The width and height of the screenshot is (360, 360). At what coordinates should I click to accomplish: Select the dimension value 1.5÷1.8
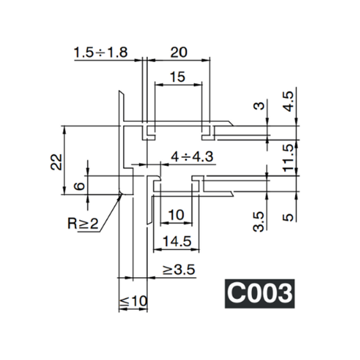(101, 53)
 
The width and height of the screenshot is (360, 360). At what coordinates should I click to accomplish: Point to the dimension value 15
(176, 77)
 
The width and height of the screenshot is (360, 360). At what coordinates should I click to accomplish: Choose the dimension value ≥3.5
(179, 271)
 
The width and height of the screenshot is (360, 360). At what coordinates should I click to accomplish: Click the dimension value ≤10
(133, 302)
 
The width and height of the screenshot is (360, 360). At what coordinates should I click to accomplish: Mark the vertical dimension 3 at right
(259, 106)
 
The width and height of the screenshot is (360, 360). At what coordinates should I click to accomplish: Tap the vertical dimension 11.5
(289, 157)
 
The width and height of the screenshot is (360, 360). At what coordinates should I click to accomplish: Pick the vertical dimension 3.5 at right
(259, 220)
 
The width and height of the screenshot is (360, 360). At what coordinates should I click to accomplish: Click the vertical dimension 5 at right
(289, 215)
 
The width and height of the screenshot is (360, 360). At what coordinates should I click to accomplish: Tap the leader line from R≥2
(110, 211)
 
